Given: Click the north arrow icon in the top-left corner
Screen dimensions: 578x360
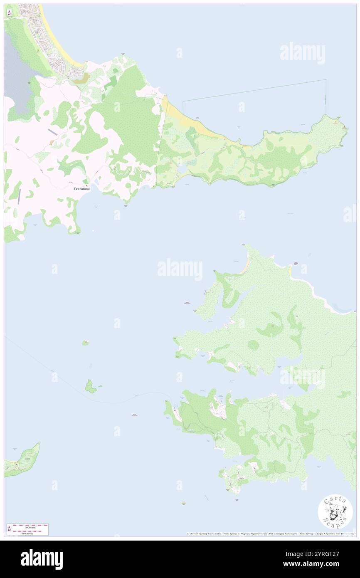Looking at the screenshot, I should pyautogui.click(x=9, y=12).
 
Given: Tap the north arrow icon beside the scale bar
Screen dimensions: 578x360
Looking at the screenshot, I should pyautogui.click(x=9, y=529).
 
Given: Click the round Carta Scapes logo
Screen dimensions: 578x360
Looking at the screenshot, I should pyautogui.click(x=335, y=511).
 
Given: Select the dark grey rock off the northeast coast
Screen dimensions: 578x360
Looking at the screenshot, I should pyautogui.click(x=296, y=264).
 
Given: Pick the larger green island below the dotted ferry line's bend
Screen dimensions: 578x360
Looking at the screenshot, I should pyautogui.click(x=90, y=386).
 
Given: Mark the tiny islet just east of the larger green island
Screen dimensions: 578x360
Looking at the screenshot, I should pyautogui.click(x=100, y=386).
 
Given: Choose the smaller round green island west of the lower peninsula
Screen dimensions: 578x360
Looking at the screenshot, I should pyautogui.click(x=85, y=343).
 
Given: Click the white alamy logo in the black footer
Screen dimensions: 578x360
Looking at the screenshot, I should pyautogui.click(x=42, y=559).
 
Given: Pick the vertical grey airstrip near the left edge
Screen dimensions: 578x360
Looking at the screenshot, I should pyautogui.click(x=19, y=196).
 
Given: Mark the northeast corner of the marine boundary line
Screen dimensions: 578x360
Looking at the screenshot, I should pyautogui.click(x=325, y=79).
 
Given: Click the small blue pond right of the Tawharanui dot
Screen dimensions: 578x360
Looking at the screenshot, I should pyautogui.click(x=96, y=182).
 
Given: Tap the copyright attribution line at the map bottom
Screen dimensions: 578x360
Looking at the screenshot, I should pyautogui.click(x=270, y=534).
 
